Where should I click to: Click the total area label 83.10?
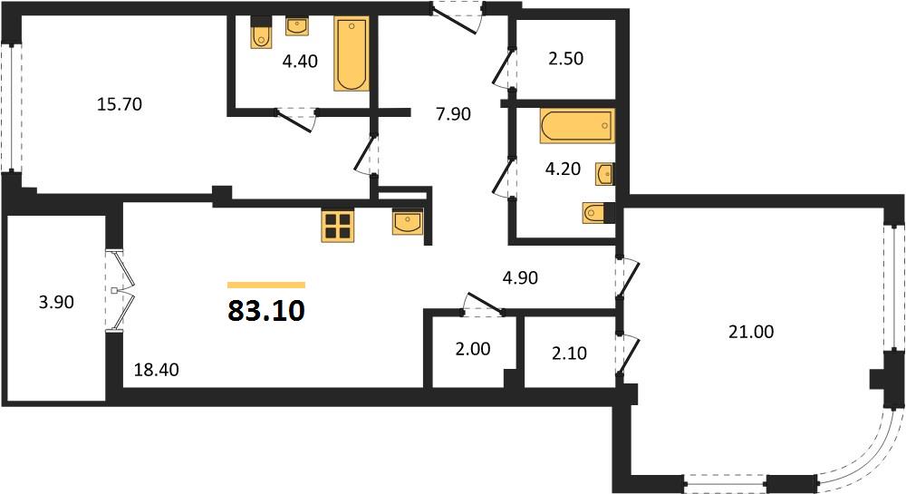pyautogui.click(x=265, y=311)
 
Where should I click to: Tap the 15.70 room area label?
pyautogui.click(x=120, y=104)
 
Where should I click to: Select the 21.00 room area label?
pyautogui.click(x=750, y=332)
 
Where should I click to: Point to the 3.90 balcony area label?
pyautogui.click(x=56, y=302)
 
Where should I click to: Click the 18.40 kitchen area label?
pyautogui.click(x=156, y=369)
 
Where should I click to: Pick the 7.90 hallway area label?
pyautogui.click(x=454, y=114)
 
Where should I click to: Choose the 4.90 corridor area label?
pyautogui.click(x=520, y=277)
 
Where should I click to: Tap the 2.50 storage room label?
pyautogui.click(x=565, y=58)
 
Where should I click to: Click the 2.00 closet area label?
pyautogui.click(x=473, y=348)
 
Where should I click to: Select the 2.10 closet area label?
pyautogui.click(x=569, y=353)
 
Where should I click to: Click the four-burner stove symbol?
pyautogui.click(x=338, y=226)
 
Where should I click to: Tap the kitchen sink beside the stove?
pyautogui.click(x=408, y=222)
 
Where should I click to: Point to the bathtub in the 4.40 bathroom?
pyautogui.click(x=352, y=53)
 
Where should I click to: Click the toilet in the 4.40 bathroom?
pyautogui.click(x=262, y=35)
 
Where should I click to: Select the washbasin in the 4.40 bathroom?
pyautogui.click(x=297, y=25)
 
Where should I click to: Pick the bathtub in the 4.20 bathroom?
pyautogui.click(x=577, y=125)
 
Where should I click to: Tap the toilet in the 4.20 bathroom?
pyautogui.click(x=597, y=213)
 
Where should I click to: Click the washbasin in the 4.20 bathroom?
pyautogui.click(x=604, y=174)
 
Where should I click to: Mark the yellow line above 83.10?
pyautogui.click(x=265, y=285)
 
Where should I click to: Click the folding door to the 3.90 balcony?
pyautogui.click(x=121, y=291)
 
